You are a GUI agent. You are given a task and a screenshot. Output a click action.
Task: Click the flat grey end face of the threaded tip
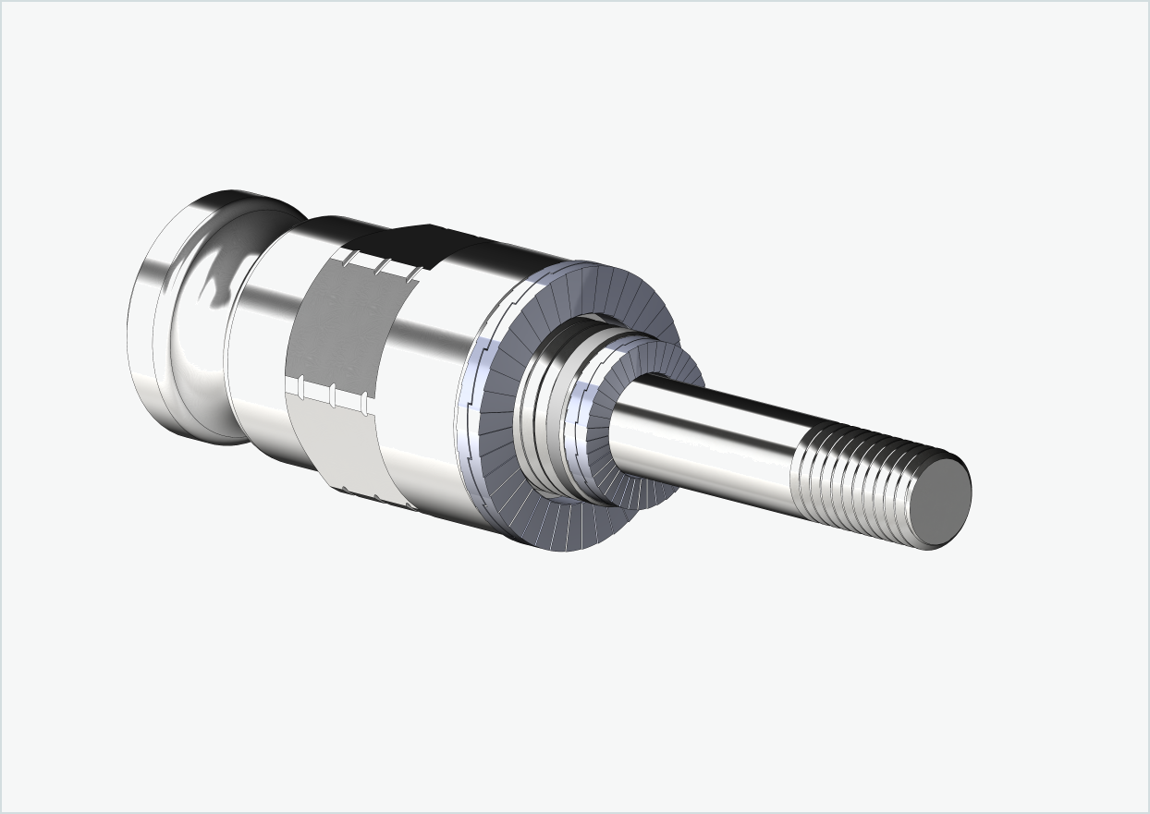point(944,494)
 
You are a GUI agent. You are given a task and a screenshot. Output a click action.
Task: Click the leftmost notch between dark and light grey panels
point(301,384)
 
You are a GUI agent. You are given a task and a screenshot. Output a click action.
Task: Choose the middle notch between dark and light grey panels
point(332,394)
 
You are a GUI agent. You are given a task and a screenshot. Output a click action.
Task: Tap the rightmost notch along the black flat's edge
point(411,273)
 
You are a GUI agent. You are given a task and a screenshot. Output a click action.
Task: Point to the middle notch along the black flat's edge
point(380,264)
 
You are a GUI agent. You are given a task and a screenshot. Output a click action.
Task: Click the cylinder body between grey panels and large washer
point(425,388)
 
